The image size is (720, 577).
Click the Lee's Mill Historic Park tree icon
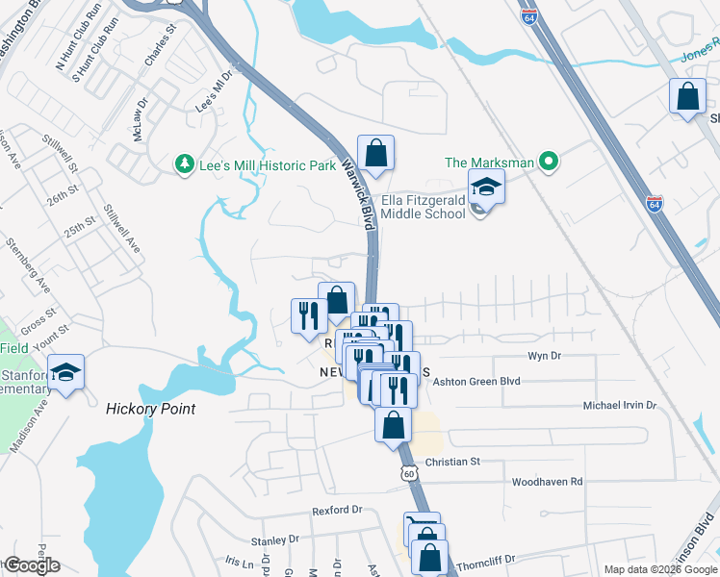pyautogui.click(x=184, y=164)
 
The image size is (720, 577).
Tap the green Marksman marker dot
pyautogui.click(x=549, y=162)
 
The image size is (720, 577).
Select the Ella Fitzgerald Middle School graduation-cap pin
pyautogui.click(x=486, y=187)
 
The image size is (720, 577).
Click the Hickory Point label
pyautogui.click(x=150, y=409)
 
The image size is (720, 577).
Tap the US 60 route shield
pyautogui.click(x=409, y=473)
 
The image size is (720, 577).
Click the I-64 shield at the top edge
pyautogui.click(x=553, y=16)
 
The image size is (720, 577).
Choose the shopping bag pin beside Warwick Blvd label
pyautogui.click(x=375, y=152)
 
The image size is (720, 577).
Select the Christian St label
pyautogui.click(x=452, y=462)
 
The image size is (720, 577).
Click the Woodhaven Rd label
pyautogui.click(x=547, y=481)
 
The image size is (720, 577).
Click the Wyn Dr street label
pyautogui.click(x=544, y=356)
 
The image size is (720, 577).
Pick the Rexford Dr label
pyautogui.click(x=336, y=510)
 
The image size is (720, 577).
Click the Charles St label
pyautogui.click(x=160, y=50)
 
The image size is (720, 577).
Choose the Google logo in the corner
pyautogui.click(x=31, y=565)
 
